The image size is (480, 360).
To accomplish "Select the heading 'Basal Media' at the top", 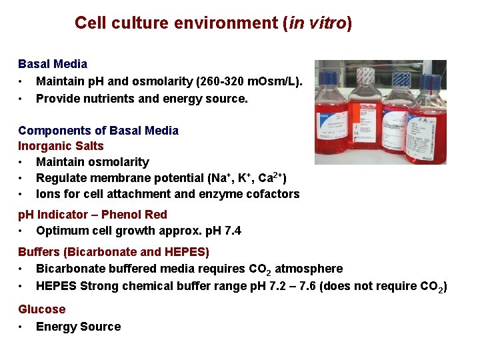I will (53, 64).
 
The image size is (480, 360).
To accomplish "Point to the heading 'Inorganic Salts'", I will (61, 146).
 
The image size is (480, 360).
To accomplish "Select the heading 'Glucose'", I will (42, 309).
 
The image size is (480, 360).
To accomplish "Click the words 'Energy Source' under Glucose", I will (78, 327).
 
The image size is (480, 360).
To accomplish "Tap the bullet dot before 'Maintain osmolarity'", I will (22, 162).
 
